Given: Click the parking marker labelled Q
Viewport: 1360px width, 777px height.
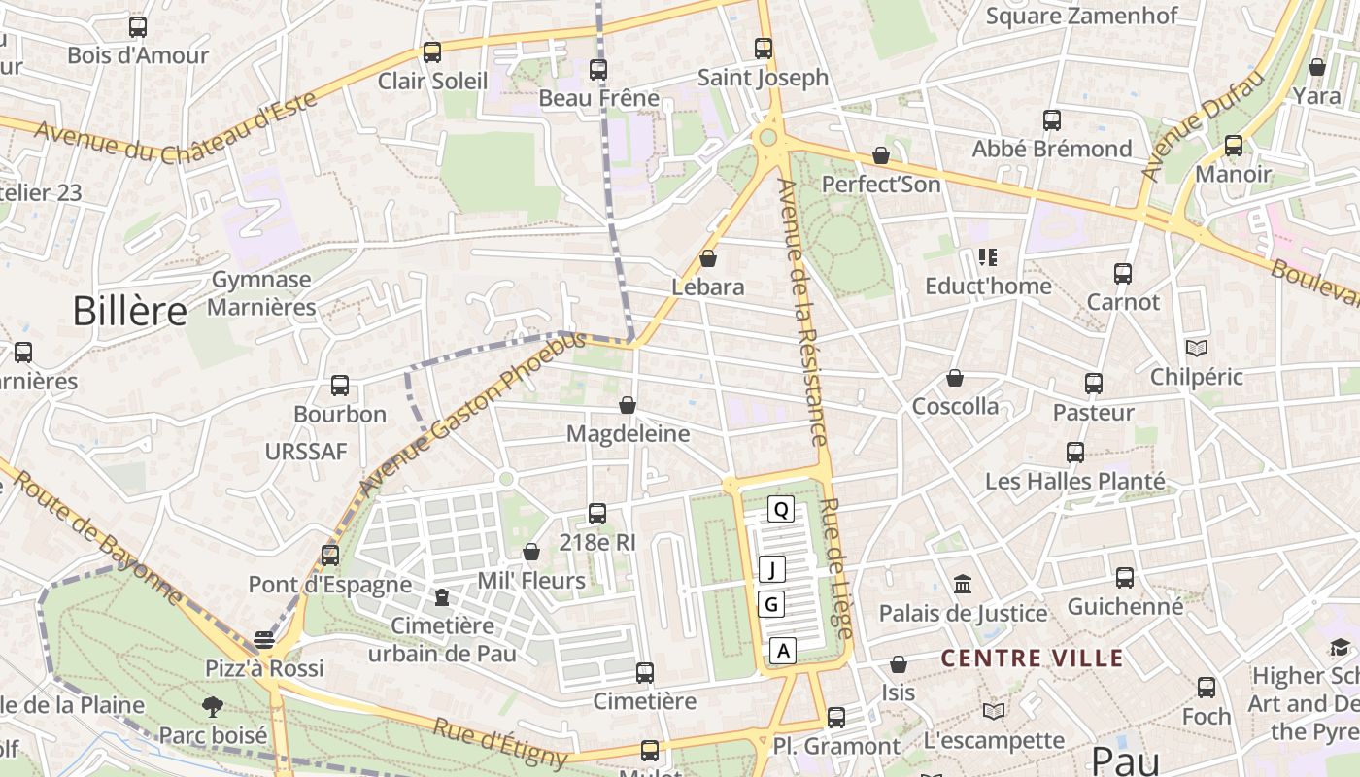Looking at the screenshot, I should tap(781, 508).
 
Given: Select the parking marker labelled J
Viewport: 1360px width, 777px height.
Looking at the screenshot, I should tap(772, 569).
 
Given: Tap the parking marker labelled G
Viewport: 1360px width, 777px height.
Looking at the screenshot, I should tap(772, 604).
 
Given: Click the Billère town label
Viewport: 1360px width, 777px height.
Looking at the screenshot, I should tap(129, 311).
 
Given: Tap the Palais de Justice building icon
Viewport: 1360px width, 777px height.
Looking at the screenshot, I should tap(963, 584).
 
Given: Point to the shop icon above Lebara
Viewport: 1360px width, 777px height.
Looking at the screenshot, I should tap(708, 258).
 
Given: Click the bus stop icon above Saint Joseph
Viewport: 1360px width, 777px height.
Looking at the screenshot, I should tap(764, 48).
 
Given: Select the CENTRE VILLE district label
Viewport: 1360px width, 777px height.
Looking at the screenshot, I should tap(1032, 659).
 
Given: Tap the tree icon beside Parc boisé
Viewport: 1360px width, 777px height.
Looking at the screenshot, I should tap(212, 706).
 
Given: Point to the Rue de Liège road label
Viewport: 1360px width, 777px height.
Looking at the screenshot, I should tap(836, 568).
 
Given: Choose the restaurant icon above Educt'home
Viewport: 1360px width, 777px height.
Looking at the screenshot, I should tap(988, 257).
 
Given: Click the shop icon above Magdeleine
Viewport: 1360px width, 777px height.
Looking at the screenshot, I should tap(628, 405).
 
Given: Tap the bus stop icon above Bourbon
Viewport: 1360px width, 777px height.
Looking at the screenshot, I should tap(340, 385).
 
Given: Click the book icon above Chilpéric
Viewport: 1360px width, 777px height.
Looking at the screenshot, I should tap(1197, 348).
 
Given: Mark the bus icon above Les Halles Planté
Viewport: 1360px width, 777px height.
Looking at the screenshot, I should tap(1075, 452).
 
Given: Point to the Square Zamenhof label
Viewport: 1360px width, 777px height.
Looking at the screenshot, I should tap(1081, 16).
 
